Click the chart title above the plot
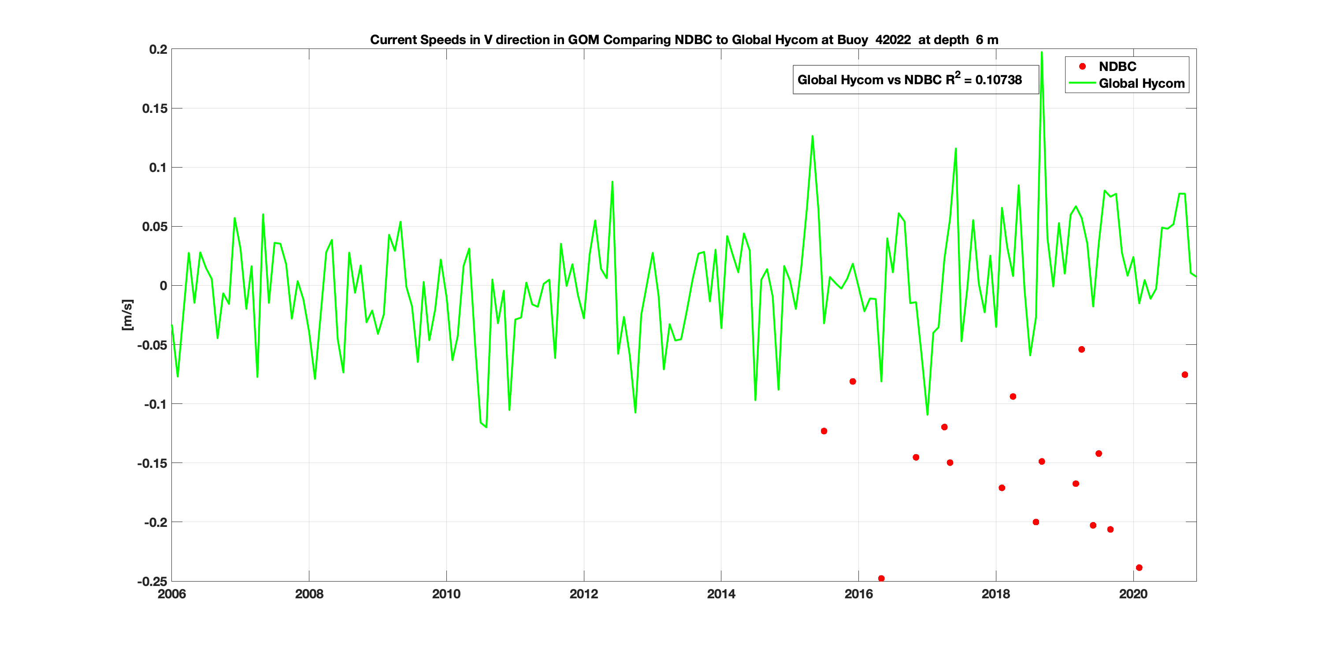[683, 40]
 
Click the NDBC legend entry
[1117, 67]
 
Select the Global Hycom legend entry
[1141, 84]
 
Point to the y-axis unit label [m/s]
[127, 315]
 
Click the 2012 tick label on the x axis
[583, 594]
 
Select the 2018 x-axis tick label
[995, 594]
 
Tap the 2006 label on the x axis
[172, 594]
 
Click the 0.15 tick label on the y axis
[155, 108]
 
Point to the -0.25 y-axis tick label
[152, 582]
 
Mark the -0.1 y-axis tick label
[156, 404]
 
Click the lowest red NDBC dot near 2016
[881, 578]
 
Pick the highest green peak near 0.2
[1041, 52]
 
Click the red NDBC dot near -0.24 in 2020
[1139, 568]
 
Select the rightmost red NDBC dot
[1185, 375]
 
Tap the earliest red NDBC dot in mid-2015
[824, 431]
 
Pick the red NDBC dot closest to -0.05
[1081, 350]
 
